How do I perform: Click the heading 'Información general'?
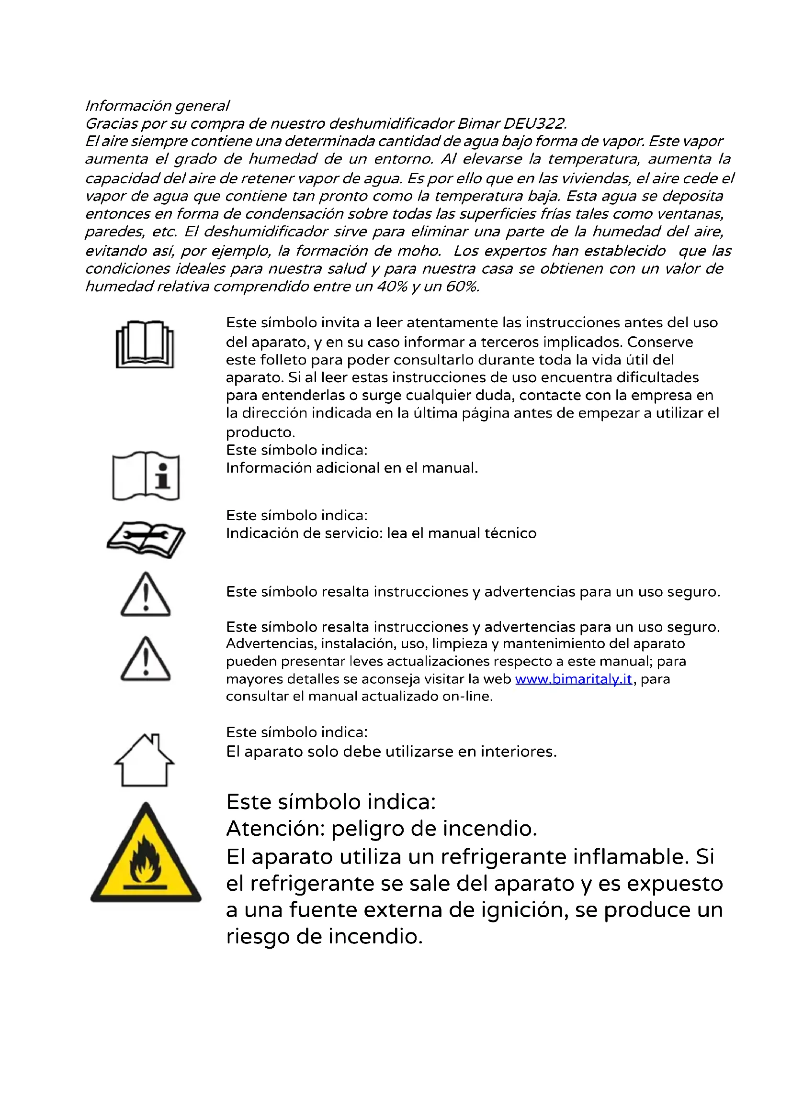pos(157,106)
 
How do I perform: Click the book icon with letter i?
pos(146,476)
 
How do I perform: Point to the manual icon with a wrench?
pos(146,539)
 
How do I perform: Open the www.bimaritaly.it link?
pos(574,679)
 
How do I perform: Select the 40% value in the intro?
pos(392,287)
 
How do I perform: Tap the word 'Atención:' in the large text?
pos(275,829)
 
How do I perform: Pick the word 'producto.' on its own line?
pos(260,432)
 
